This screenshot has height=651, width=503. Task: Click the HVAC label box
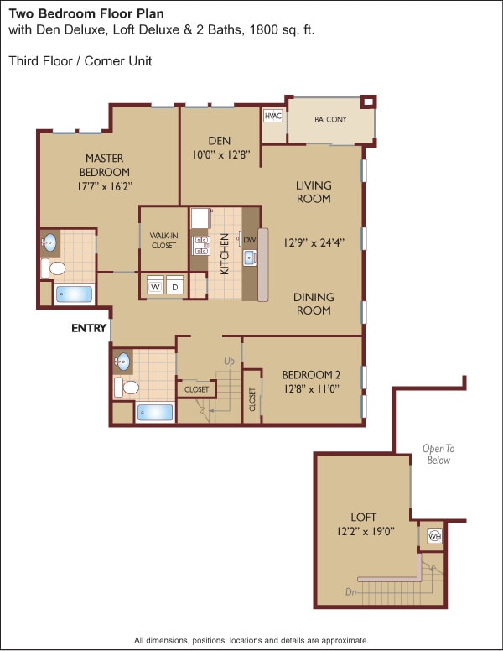(x=273, y=116)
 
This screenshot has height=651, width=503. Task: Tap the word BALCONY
(x=330, y=120)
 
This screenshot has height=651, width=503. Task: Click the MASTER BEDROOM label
(x=105, y=165)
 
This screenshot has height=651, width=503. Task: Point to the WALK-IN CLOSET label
(x=163, y=241)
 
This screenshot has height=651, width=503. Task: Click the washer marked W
(x=155, y=287)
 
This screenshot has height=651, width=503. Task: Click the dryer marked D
(x=175, y=287)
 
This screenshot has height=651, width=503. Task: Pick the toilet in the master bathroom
(x=55, y=269)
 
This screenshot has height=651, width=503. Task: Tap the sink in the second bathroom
(x=123, y=362)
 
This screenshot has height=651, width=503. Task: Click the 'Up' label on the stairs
(x=230, y=361)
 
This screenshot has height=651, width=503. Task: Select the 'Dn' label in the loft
(x=351, y=591)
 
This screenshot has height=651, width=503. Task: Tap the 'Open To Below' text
(x=437, y=454)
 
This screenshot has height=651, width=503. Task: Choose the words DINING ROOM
(x=314, y=304)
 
